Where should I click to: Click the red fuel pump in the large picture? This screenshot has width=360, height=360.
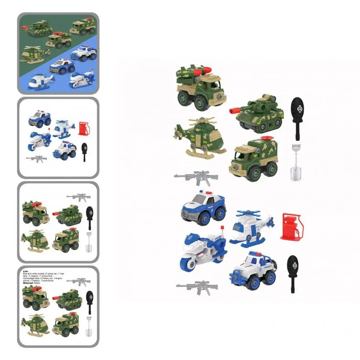(291, 227)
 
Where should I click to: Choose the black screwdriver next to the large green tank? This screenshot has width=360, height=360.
(297, 117)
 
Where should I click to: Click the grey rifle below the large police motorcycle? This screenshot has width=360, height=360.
(197, 287)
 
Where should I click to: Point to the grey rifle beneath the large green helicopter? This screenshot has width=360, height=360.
(196, 177)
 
